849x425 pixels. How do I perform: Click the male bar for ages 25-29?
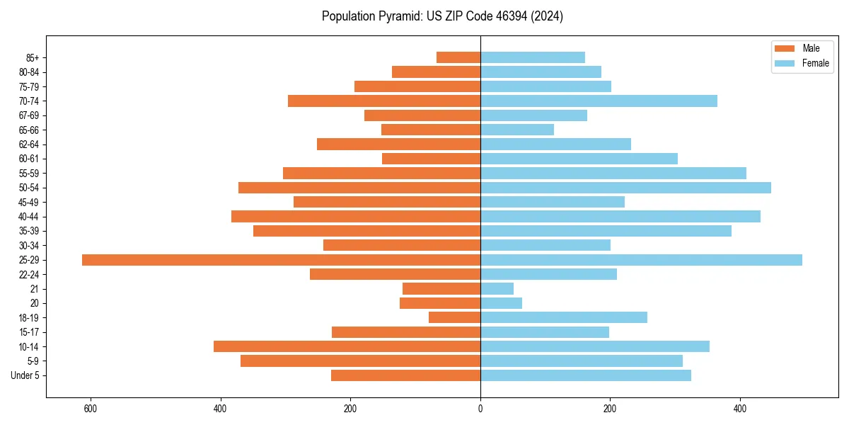click(x=281, y=260)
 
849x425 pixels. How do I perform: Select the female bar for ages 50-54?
click(x=625, y=188)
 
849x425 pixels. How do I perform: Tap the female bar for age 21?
click(x=497, y=288)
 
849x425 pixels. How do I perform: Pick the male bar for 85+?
click(x=458, y=57)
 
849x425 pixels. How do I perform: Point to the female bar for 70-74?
click(x=599, y=101)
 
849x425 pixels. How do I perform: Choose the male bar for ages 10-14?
click(x=347, y=346)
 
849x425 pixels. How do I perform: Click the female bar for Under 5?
click(x=586, y=375)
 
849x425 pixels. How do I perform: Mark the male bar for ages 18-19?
click(x=454, y=317)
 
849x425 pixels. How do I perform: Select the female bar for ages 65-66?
click(x=517, y=130)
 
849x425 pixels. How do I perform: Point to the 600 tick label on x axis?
click(x=90, y=409)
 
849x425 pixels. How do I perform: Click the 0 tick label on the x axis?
click(x=480, y=409)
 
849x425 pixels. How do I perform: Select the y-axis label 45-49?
click(x=28, y=202)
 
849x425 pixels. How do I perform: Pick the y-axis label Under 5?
click(x=25, y=375)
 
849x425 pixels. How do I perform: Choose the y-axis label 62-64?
click(x=28, y=144)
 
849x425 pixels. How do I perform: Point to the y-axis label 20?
click(x=34, y=303)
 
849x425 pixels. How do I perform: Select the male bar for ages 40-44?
click(x=356, y=217)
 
